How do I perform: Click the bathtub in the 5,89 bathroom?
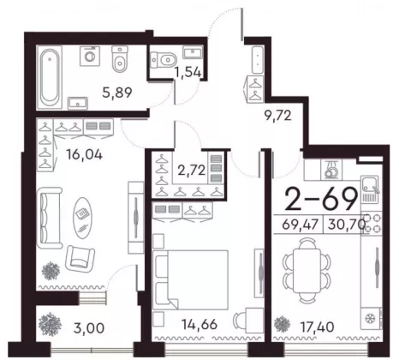(50, 77)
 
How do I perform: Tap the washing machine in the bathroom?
(90, 56)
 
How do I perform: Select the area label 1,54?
(188, 72)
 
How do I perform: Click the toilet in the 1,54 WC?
(164, 60)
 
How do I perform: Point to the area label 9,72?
(277, 116)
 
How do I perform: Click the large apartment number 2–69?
(321, 198)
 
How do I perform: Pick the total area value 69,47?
(300, 225)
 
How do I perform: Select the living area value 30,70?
(347, 225)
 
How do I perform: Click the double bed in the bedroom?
(191, 280)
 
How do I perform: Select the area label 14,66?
(199, 324)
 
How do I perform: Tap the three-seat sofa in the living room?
(50, 218)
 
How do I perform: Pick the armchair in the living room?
(80, 259)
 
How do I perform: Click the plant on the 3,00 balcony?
(50, 324)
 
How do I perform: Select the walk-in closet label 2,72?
(191, 171)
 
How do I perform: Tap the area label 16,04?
(84, 155)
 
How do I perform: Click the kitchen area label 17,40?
(317, 327)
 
